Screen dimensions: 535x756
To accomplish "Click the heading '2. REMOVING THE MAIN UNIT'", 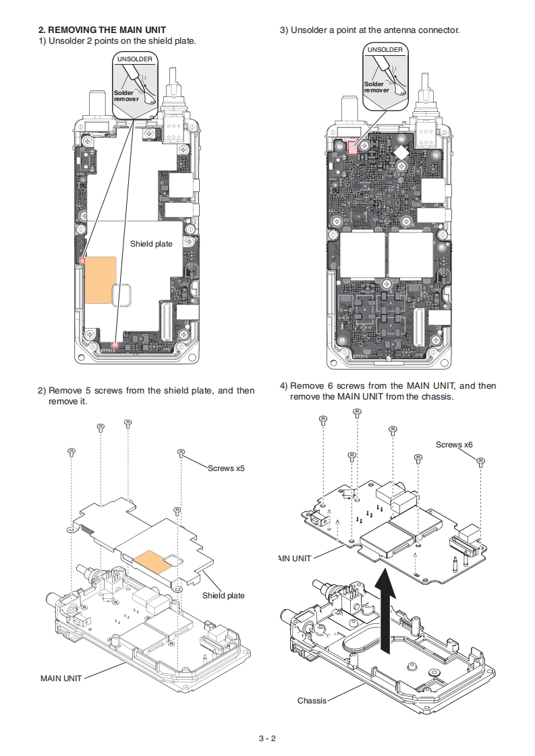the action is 102,30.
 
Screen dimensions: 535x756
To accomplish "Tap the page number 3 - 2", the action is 267,738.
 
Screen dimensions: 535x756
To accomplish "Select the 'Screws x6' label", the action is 454,445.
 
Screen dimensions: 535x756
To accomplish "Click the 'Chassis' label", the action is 312,701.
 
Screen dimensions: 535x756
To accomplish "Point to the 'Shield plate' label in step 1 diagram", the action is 151,244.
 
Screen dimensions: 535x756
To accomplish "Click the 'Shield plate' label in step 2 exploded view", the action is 223,596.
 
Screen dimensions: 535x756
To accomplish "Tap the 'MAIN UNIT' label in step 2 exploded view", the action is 61,678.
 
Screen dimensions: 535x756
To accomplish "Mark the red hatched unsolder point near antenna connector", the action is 351,146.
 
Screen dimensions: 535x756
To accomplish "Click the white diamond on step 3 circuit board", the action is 402,152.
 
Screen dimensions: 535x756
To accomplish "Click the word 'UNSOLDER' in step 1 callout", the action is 135,59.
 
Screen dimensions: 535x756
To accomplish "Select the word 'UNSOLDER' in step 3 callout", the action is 385,50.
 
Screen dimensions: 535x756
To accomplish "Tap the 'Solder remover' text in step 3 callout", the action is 376,87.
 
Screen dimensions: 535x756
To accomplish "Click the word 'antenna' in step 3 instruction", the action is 394,30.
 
